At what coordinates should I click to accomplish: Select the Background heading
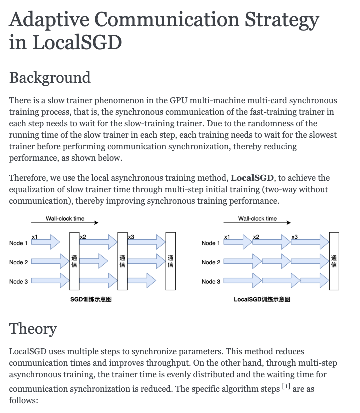pos(50,78)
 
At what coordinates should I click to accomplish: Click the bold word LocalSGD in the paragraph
pos(252,178)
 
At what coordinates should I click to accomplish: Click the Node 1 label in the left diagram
pos(19,243)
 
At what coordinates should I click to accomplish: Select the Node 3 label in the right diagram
pos(211,282)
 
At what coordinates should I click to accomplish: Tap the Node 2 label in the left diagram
pos(19,262)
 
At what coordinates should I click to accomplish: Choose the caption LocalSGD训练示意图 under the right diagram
pos(262,300)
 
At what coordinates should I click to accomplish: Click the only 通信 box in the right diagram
pos(334,261)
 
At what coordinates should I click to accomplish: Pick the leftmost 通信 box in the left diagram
pos(75,261)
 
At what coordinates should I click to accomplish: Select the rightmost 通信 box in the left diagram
pos(170,261)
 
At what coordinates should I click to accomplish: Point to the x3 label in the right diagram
pos(294,236)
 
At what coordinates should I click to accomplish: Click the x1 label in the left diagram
pos(34,236)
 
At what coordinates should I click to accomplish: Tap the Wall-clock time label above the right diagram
pos(257,219)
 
